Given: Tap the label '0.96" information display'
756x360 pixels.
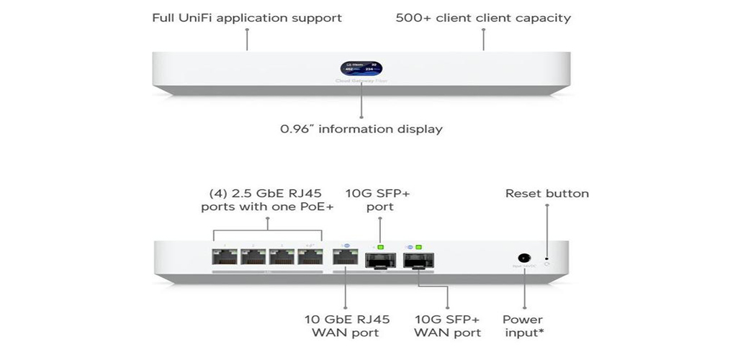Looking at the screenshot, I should coord(361,130).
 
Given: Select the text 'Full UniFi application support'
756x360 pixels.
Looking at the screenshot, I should coord(247,17).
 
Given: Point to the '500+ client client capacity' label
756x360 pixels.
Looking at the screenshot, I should coord(483,17).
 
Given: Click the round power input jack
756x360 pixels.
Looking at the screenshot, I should coord(523,257).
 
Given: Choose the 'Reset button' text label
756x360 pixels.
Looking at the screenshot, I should coord(546,193).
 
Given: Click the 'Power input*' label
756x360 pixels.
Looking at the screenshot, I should coord(523,325).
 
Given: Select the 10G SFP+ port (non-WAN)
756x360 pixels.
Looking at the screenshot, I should coord(379,261).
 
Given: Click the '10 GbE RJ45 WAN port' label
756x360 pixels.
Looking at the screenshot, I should coord(345,325).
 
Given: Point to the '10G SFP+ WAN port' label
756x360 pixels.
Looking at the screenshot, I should coord(447,325).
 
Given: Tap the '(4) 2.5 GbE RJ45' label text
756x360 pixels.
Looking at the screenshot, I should coord(267,193).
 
